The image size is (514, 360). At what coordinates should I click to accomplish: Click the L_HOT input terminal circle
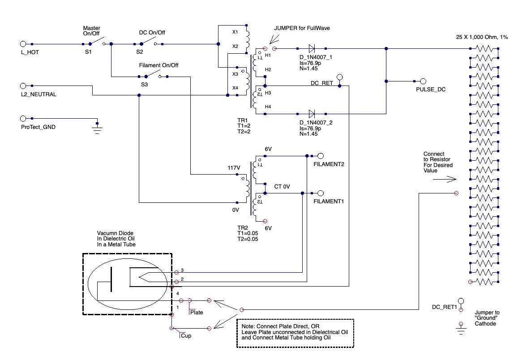tap(23, 44)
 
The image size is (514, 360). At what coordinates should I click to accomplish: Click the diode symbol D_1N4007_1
tap(312, 48)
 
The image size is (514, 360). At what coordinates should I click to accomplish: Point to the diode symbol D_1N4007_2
tap(312, 114)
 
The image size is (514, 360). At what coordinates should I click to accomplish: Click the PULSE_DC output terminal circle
tap(423, 81)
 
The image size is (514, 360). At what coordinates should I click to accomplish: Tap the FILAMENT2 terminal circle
tap(321, 156)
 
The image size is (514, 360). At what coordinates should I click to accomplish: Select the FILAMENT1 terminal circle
tap(321, 193)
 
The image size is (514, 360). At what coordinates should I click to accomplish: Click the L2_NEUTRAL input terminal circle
tap(23, 86)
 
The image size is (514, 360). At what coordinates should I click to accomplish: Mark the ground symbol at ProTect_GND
tap(97, 129)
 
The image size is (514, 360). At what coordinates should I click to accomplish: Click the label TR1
tap(243, 120)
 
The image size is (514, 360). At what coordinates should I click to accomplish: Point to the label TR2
tap(243, 228)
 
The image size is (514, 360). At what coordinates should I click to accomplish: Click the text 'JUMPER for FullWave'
tap(302, 28)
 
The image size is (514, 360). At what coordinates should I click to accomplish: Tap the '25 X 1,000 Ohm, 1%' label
tap(482, 37)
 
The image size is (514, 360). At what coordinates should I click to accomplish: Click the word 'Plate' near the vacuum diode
tap(197, 313)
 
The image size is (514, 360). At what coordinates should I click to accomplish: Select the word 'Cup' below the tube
tap(186, 336)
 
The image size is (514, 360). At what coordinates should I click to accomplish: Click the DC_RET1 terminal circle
tap(461, 301)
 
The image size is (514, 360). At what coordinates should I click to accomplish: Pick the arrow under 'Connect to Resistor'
tap(445, 180)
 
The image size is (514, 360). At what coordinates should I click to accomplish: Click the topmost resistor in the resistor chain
tap(484, 48)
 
